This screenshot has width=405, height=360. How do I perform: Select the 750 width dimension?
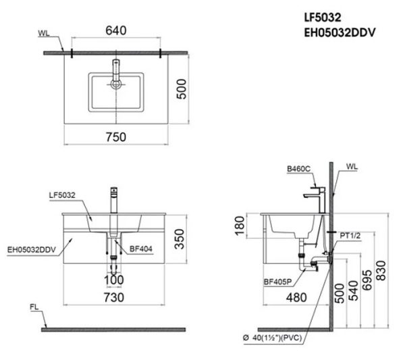115,136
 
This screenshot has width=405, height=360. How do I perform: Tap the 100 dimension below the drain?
113,279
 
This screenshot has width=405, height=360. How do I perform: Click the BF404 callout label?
138,249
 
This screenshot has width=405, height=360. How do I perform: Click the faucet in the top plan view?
115,74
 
